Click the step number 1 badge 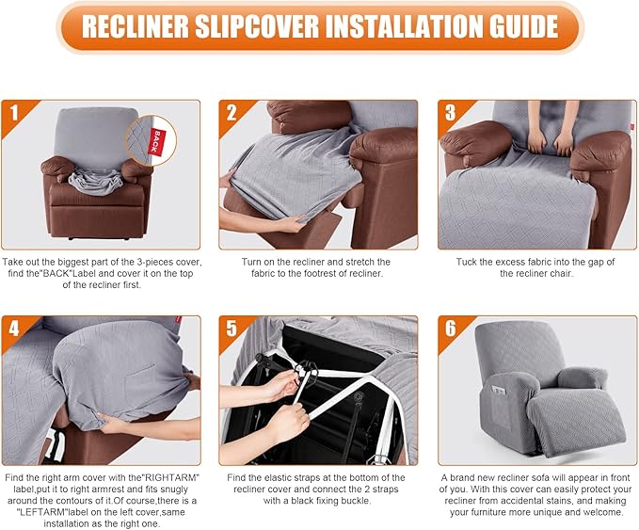tap(13, 113)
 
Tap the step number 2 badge tap(232, 113)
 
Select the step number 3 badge tap(450, 113)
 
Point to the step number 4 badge tap(13, 329)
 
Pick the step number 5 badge tap(232, 329)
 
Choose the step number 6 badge tap(450, 329)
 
